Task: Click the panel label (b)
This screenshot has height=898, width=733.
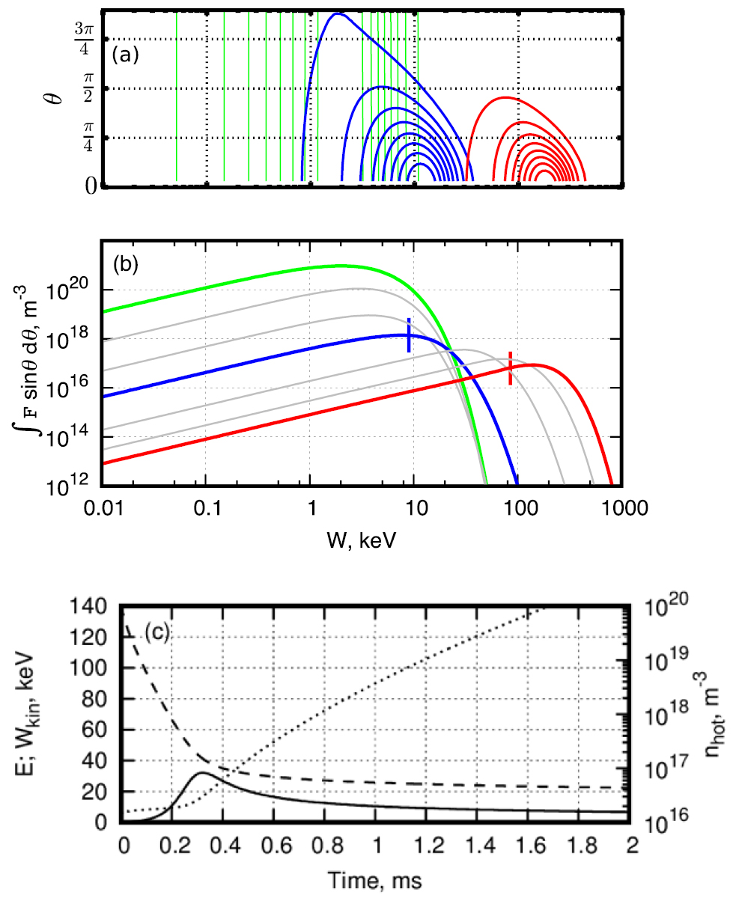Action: [126, 264]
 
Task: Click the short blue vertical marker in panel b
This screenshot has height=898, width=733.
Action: [409, 335]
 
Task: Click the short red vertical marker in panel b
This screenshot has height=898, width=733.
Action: [511, 368]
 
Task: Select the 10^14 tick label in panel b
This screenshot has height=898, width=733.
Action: [76, 438]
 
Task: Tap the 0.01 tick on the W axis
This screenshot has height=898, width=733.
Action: [103, 505]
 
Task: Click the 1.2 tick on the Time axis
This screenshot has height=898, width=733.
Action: [427, 844]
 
